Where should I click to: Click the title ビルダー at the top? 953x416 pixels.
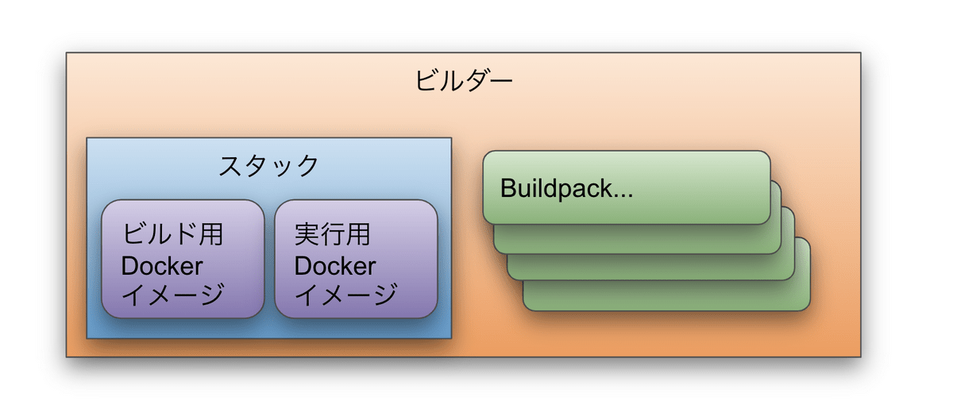point(463,80)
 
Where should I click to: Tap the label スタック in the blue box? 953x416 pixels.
point(268,165)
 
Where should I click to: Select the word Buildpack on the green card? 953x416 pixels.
point(557,188)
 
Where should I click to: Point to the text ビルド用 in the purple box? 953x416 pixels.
point(172,234)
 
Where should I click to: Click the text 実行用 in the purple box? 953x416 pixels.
point(332,234)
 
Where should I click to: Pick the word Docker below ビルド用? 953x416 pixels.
point(162,266)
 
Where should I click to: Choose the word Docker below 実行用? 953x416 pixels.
point(335,266)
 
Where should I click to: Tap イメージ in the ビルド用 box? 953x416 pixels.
point(173,295)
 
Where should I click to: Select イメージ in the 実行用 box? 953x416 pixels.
point(346,295)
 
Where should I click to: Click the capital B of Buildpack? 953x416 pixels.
point(508,188)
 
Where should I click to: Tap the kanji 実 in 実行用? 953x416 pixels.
point(307,234)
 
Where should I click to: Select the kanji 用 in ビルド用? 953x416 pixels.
point(211,234)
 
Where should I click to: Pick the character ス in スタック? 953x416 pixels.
point(230,165)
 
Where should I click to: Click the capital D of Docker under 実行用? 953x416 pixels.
point(302,266)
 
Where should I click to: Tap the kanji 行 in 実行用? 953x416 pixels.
point(332,234)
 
